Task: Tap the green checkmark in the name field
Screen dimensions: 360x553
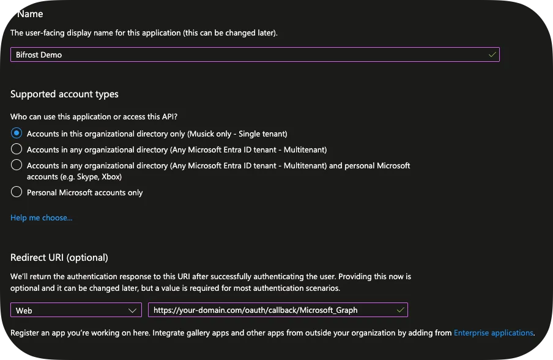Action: pyautogui.click(x=492, y=54)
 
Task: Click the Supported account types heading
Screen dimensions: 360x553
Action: pyautogui.click(x=64, y=94)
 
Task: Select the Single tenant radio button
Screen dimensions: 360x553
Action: pyautogui.click(x=17, y=133)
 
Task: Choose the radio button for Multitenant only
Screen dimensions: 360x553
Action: pyautogui.click(x=17, y=149)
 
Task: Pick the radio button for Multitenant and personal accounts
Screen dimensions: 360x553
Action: pyautogui.click(x=17, y=165)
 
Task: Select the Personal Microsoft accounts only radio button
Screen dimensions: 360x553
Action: pyautogui.click(x=17, y=192)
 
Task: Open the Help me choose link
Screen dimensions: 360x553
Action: pyautogui.click(x=41, y=217)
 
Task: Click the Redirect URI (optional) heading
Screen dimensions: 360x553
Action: pyautogui.click(x=59, y=257)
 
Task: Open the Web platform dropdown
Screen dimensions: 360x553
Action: pyautogui.click(x=75, y=310)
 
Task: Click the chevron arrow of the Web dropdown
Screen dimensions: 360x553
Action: pyautogui.click(x=133, y=310)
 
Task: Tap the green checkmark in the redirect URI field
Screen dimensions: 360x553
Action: pyautogui.click(x=400, y=310)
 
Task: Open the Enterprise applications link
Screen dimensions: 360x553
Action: pyautogui.click(x=493, y=333)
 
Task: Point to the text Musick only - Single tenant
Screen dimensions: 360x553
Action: pyautogui.click(x=237, y=133)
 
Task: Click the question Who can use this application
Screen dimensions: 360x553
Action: pyautogui.click(x=98, y=116)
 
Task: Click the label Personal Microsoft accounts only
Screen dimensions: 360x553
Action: pyautogui.click(x=84, y=192)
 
